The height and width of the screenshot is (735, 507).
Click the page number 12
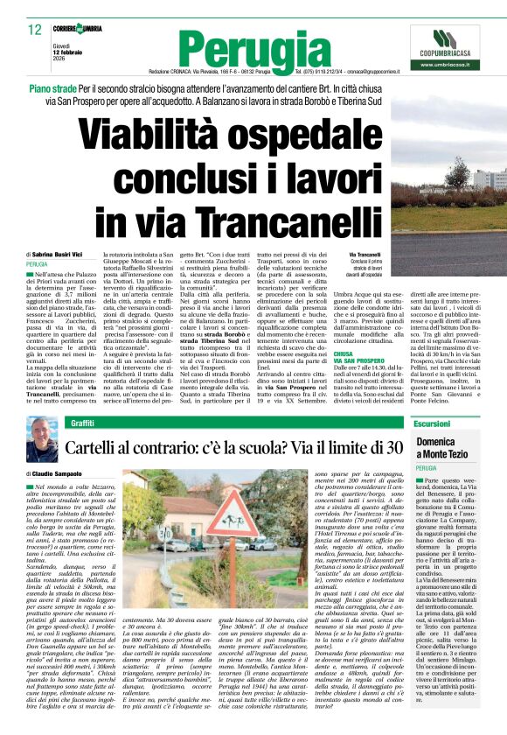(x=34, y=29)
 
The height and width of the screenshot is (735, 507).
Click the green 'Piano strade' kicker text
(x=52, y=90)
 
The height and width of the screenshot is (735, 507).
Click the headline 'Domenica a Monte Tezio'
(x=447, y=449)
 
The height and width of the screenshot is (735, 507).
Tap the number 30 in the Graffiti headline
(x=394, y=448)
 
